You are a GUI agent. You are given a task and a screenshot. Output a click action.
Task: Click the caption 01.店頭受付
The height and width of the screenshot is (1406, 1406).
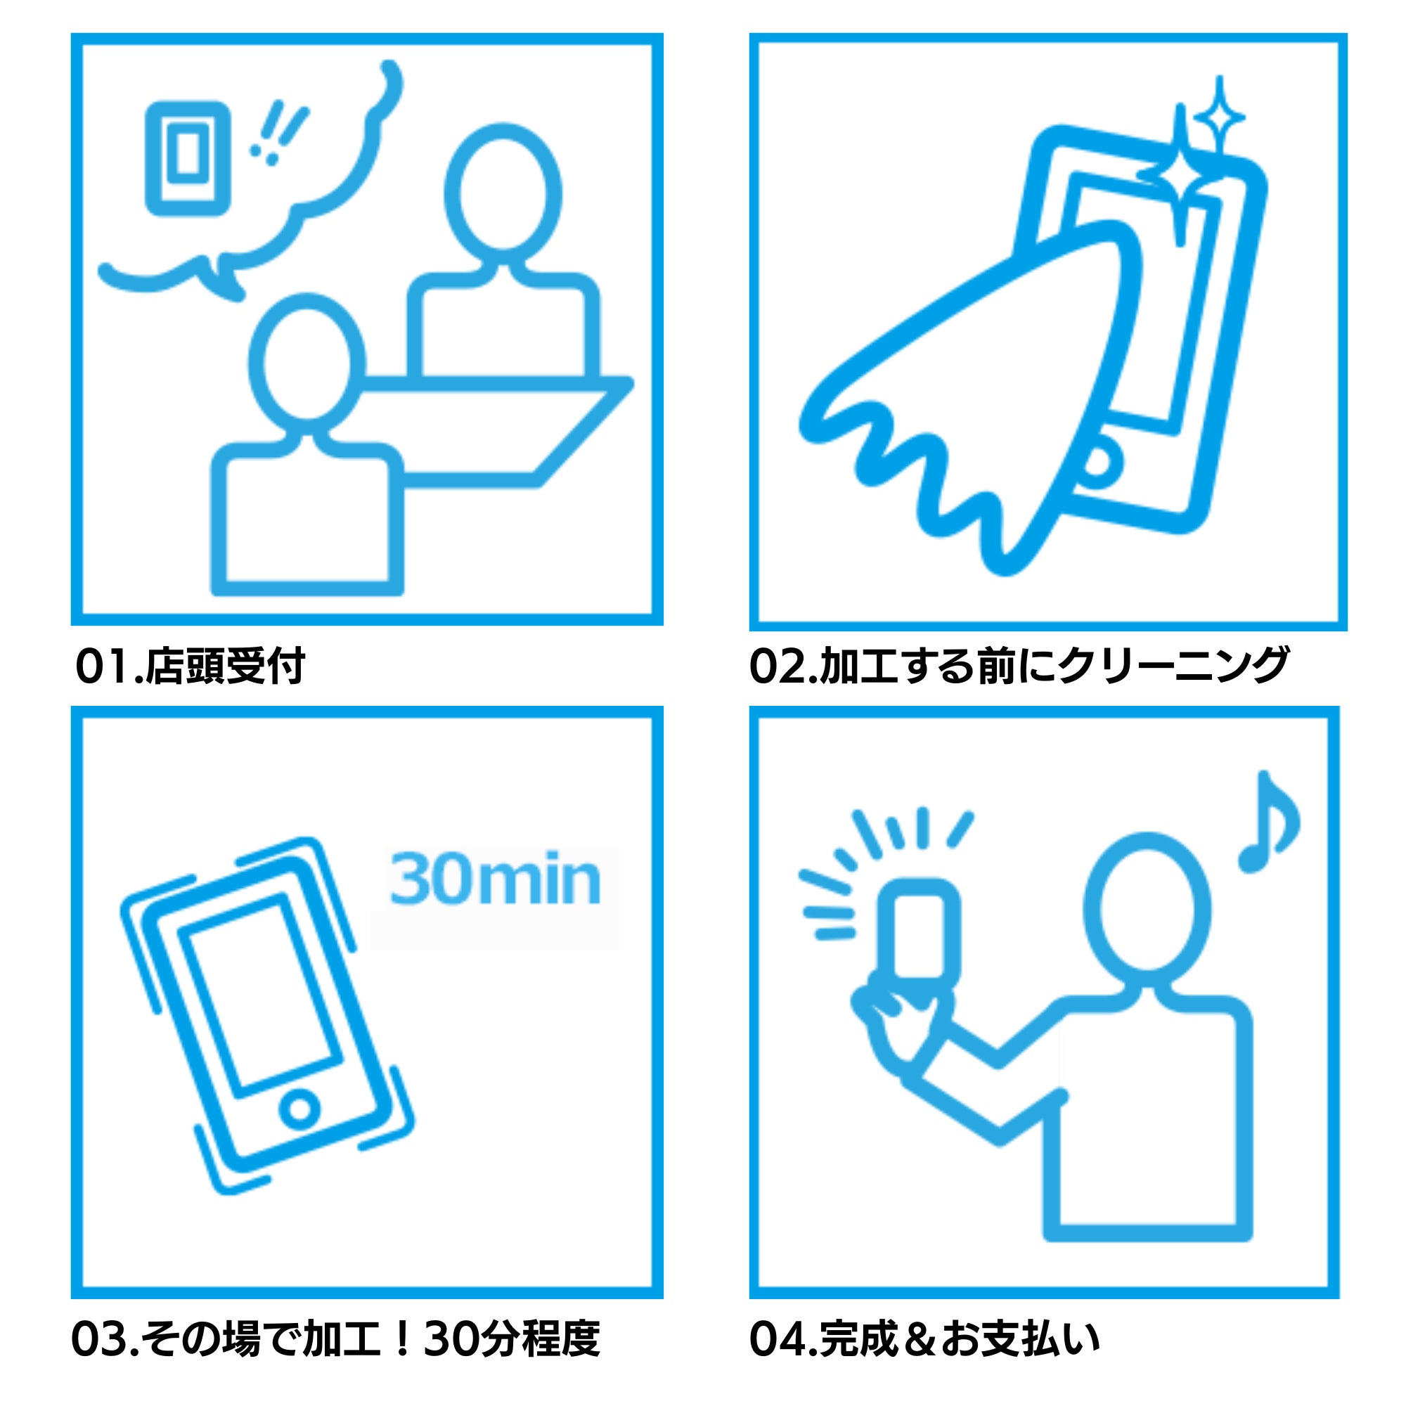(x=190, y=665)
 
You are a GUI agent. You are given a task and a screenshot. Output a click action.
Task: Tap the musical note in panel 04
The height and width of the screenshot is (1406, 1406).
(x=1269, y=823)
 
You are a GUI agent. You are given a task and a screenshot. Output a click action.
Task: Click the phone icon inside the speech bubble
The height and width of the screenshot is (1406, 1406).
(x=188, y=158)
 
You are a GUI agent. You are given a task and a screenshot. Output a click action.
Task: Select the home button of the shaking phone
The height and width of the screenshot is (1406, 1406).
(x=299, y=1109)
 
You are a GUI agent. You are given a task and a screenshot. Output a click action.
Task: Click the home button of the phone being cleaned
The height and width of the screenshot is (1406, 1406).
(x=1097, y=462)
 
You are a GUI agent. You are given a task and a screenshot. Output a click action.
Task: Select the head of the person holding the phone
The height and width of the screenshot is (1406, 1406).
(x=1148, y=909)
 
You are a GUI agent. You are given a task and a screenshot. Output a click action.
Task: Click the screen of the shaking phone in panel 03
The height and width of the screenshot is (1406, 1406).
(x=261, y=997)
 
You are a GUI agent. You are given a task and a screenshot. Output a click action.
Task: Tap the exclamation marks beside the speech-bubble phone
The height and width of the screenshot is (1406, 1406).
(x=278, y=132)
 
